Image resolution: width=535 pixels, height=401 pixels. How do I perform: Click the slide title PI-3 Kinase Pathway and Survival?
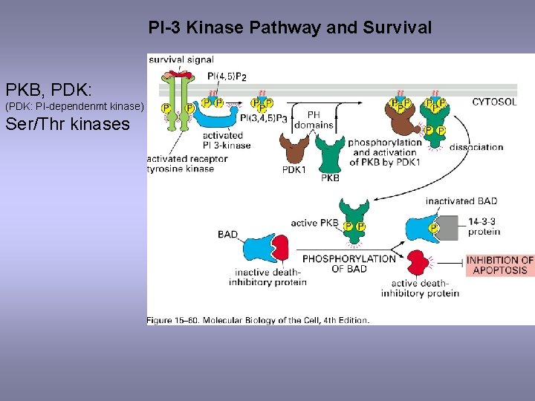pyautogui.click(x=290, y=28)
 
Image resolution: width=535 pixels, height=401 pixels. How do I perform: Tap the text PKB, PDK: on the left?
pyautogui.click(x=49, y=91)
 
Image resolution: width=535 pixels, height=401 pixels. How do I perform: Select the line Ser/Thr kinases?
pyautogui.click(x=68, y=123)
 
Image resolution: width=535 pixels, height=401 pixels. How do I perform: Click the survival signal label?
pyautogui.click(x=181, y=59)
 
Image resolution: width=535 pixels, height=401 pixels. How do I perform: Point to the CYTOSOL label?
pyautogui.click(x=494, y=102)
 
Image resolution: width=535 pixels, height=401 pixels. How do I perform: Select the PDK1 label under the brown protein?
pyautogui.click(x=295, y=169)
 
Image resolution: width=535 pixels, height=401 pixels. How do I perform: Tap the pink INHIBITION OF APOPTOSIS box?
pyautogui.click(x=499, y=265)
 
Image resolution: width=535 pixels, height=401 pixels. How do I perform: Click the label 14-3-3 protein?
pyautogui.click(x=484, y=226)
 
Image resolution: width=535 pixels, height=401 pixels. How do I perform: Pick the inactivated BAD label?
pyautogui.click(x=461, y=201)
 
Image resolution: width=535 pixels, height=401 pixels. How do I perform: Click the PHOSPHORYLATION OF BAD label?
pyautogui.click(x=349, y=264)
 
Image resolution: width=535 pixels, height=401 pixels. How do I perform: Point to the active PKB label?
pyautogui.click(x=314, y=223)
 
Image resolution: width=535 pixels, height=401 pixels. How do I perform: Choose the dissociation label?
pyautogui.click(x=476, y=147)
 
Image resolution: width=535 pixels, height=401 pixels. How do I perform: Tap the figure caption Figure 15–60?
pyautogui.click(x=258, y=320)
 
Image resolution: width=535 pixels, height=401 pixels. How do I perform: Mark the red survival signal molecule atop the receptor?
pyautogui.click(x=178, y=74)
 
